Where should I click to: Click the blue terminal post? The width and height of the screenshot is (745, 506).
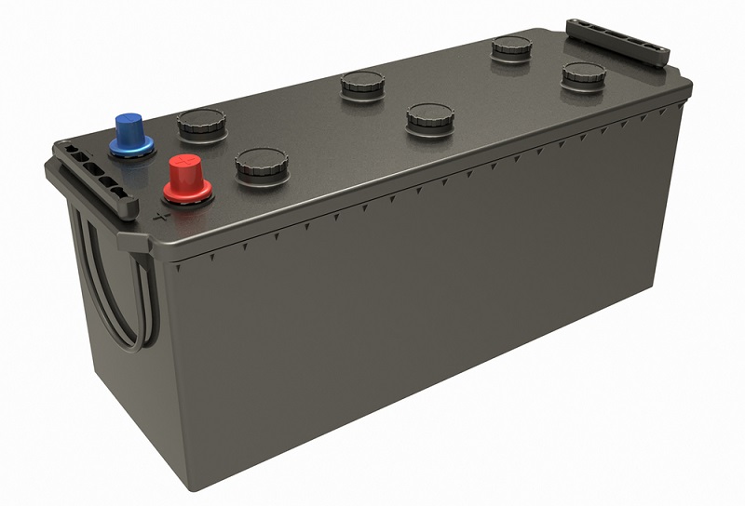tap(129, 131)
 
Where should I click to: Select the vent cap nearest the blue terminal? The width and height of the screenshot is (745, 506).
tap(201, 124)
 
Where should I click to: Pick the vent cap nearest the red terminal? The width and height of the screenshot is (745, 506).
tap(261, 165)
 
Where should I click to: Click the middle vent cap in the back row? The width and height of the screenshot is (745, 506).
tap(363, 84)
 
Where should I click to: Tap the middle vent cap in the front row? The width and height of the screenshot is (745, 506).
tap(430, 118)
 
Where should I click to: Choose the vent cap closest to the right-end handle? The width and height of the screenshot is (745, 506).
tap(583, 73)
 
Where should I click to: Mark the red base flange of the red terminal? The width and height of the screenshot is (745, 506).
tap(187, 193)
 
